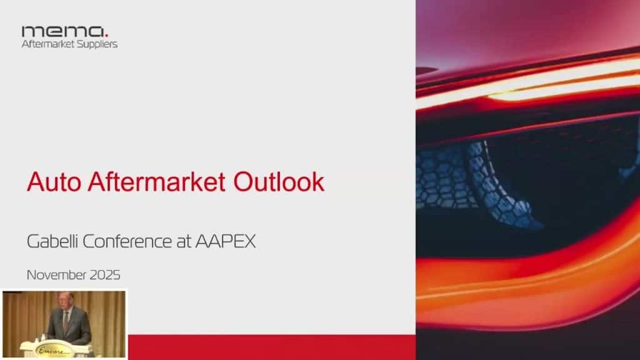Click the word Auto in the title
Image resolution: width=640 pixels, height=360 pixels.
[54, 182]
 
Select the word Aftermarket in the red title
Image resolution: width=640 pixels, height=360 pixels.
[156, 182]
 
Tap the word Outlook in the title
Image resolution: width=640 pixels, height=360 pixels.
[279, 182]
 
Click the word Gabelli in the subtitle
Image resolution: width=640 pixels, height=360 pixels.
[52, 241]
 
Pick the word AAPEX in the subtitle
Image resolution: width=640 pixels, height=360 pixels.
[225, 241]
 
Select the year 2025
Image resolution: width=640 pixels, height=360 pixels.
[105, 275]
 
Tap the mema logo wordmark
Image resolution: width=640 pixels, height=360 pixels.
[63, 32]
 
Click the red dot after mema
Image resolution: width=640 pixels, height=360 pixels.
[106, 36]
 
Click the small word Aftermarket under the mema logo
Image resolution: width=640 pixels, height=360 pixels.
[46, 44]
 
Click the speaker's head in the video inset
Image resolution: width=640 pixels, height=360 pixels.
[65, 301]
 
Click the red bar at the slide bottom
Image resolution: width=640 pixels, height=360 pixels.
[272, 347]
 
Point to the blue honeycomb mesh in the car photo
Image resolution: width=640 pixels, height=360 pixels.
[474, 179]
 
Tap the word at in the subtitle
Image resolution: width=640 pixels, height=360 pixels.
[184, 242]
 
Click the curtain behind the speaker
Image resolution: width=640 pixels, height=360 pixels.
[24, 314]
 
